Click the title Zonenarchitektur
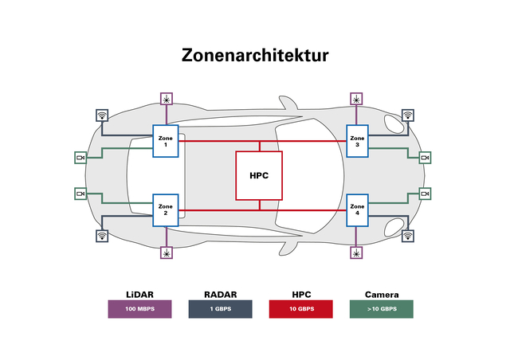click(255, 55)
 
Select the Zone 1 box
click(166, 141)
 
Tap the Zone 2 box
click(166, 209)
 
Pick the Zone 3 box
click(357, 141)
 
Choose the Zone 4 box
click(357, 209)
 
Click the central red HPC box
click(259, 175)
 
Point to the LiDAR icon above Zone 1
click(166, 99)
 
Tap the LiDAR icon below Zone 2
click(166, 252)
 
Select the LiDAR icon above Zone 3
click(357, 99)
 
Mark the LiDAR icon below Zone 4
click(357, 252)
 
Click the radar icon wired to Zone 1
click(102, 115)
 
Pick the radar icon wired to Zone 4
click(408, 236)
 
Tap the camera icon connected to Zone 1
click(80, 158)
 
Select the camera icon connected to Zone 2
click(80, 194)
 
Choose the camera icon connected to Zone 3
click(426, 158)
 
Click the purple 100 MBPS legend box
click(140, 309)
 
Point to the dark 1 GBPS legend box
click(221, 309)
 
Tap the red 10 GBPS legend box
click(300, 309)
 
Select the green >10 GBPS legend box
click(381, 309)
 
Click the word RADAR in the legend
click(221, 294)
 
